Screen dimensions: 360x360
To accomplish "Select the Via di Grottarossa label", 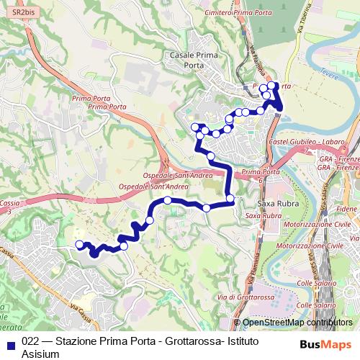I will (238, 297).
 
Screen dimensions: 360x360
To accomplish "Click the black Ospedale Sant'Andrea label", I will (176, 175).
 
